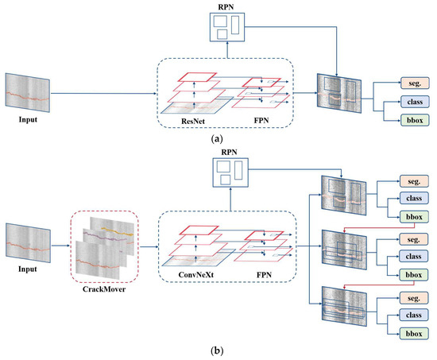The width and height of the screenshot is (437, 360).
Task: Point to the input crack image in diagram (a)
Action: pos(28,93)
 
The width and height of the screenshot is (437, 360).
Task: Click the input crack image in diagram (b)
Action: pos(28,244)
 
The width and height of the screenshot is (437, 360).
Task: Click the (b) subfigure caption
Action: pos(218,349)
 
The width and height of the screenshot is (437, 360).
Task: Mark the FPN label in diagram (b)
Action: pos(262,277)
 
